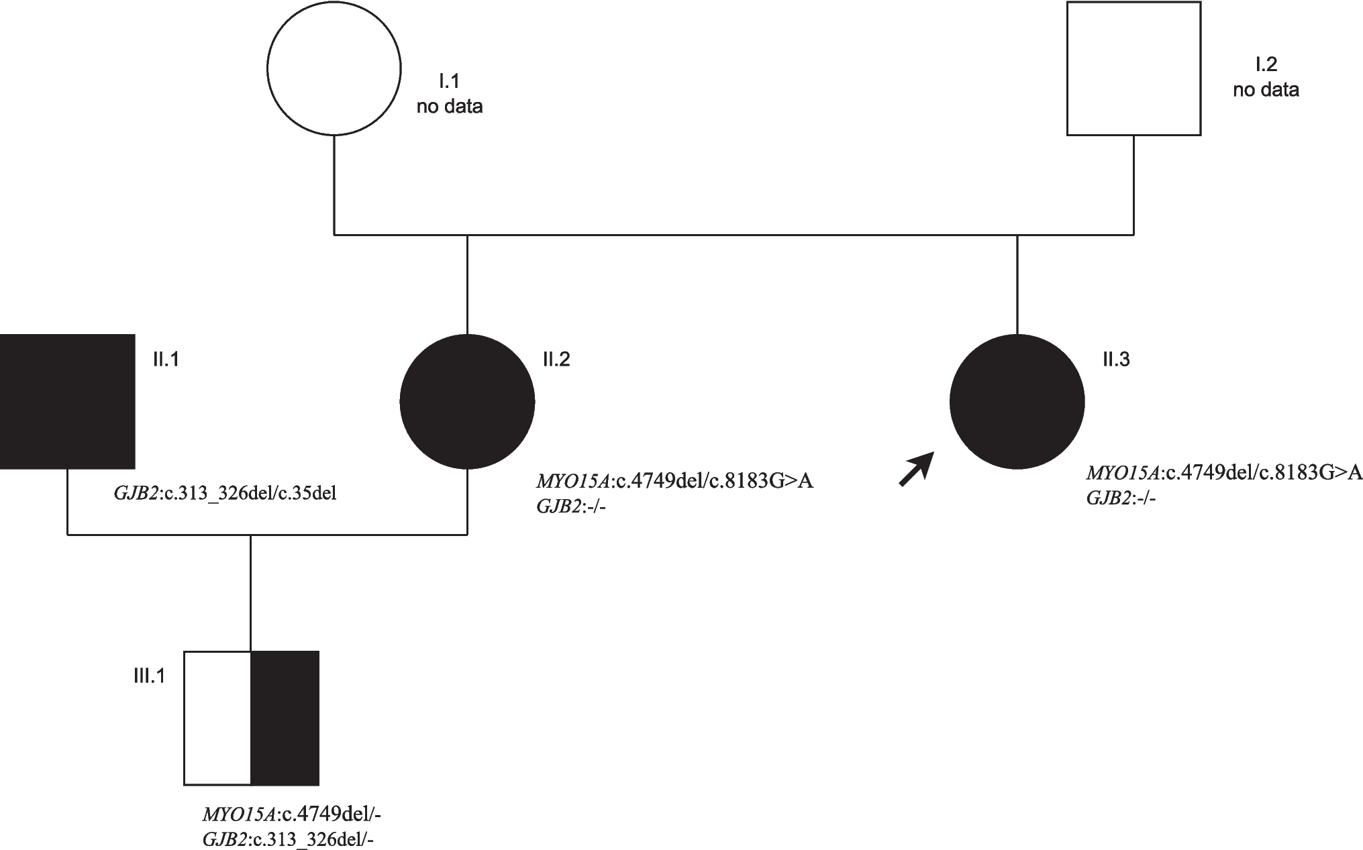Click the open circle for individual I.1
tap(334, 68)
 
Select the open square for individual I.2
tap(1133, 68)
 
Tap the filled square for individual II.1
tap(67, 401)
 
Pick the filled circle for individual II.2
tap(467, 401)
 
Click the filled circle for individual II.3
tap(1017, 401)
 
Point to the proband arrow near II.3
tap(916, 469)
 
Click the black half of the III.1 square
tap(285, 717)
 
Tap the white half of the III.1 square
tap(217, 717)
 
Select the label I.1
tap(449, 82)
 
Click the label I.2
tap(1266, 64)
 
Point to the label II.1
tap(166, 360)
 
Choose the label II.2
tap(556, 360)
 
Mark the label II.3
tap(1116, 360)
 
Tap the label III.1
tap(149, 676)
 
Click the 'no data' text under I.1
tap(450, 107)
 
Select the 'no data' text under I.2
tap(1266, 90)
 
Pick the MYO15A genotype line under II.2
tap(674, 481)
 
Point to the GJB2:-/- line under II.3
tap(1121, 498)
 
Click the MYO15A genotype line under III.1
tap(292, 814)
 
